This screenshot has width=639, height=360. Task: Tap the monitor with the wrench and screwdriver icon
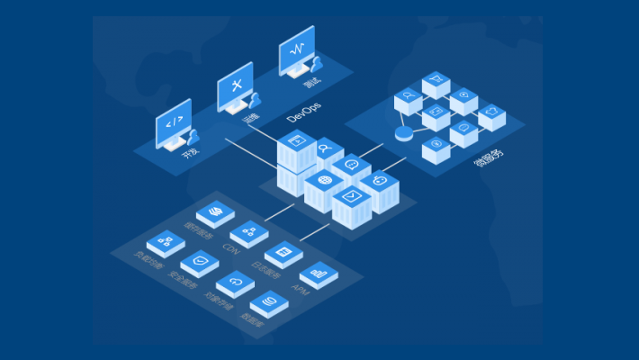pyautogui.click(x=236, y=87)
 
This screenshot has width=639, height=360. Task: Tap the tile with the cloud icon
pyautogui.click(x=236, y=283)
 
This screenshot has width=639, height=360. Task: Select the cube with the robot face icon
pyautogui.click(x=380, y=184)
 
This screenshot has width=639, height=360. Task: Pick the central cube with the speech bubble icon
pyautogui.click(x=351, y=167)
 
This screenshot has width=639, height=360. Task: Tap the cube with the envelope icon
pyautogui.click(x=351, y=200)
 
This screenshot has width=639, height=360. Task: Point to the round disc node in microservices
pyautogui.click(x=403, y=134)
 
